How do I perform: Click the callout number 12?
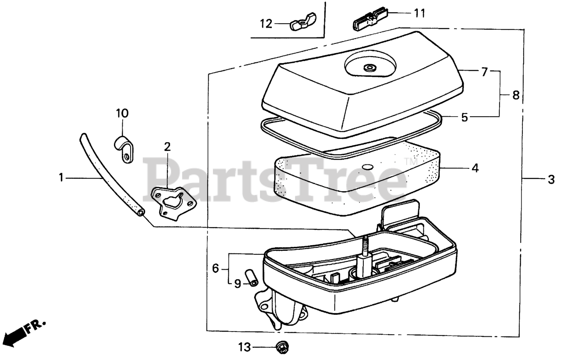[266, 23]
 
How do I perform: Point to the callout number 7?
[484, 72]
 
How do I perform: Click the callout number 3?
[551, 179]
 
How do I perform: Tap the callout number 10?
[122, 114]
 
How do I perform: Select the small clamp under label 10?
[124, 149]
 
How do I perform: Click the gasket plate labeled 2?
[174, 200]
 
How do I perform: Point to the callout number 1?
[62, 177]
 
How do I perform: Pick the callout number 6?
[215, 268]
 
